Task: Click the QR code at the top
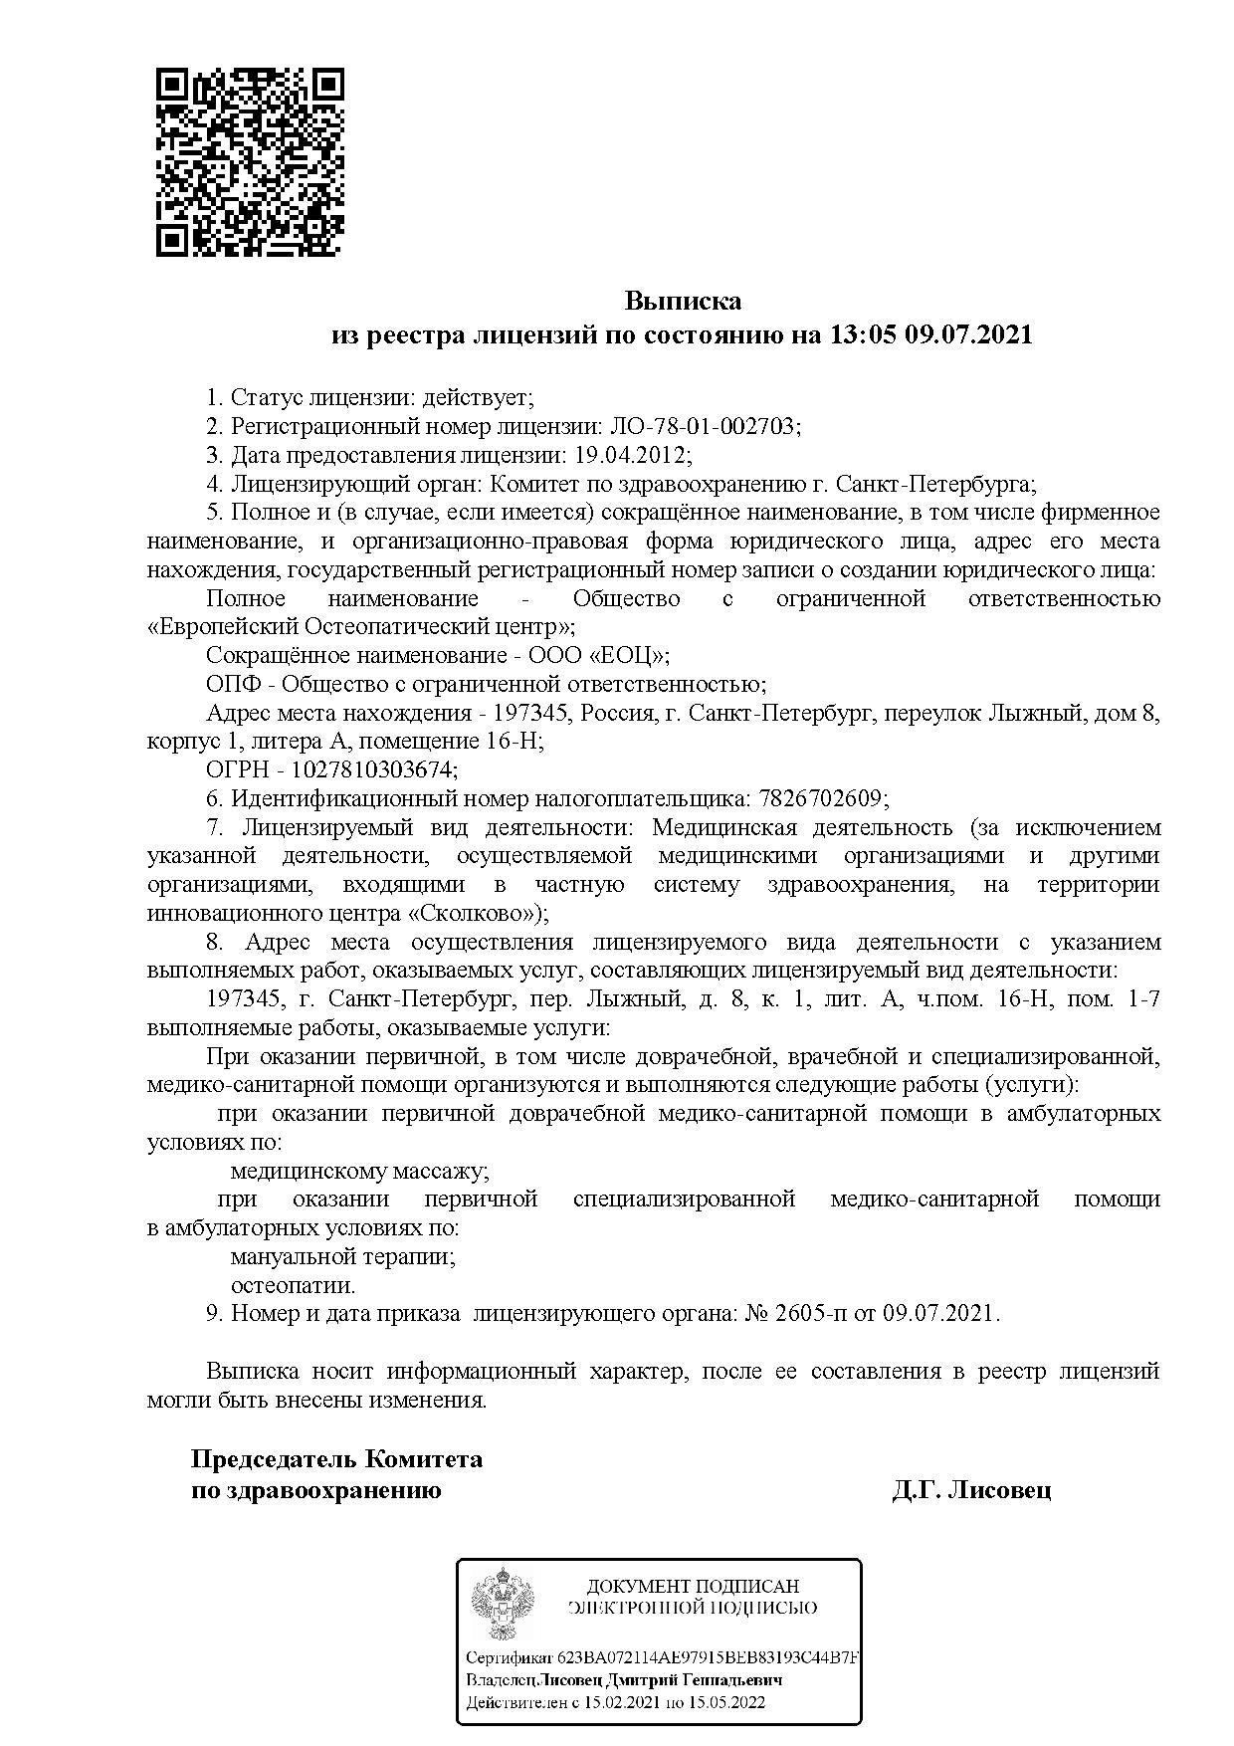point(250,161)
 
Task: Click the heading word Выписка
point(683,300)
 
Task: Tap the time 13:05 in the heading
point(863,334)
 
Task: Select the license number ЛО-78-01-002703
point(702,426)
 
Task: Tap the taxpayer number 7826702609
point(821,798)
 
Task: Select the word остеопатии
point(293,1285)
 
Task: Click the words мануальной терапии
point(342,1256)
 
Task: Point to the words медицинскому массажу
point(359,1171)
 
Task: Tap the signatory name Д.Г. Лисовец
point(971,1490)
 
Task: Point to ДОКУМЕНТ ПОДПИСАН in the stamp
point(693,1586)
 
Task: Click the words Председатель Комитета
point(336,1459)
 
